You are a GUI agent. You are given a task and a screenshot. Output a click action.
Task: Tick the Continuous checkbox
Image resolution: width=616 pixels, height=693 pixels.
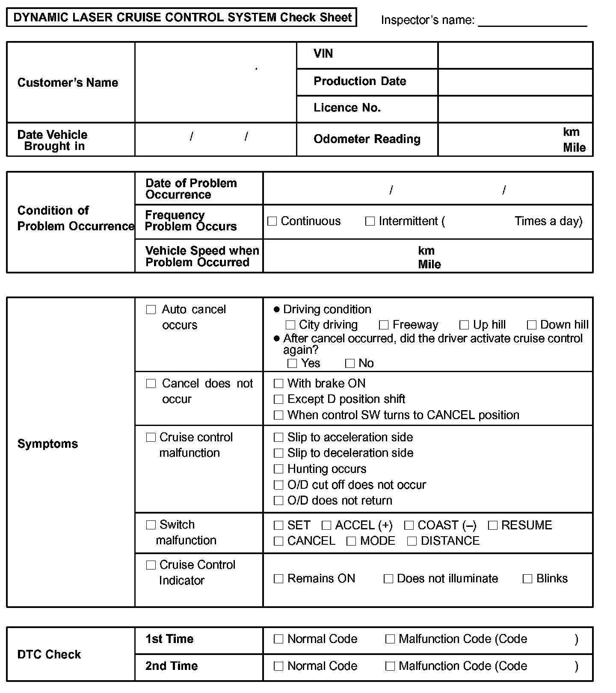272,221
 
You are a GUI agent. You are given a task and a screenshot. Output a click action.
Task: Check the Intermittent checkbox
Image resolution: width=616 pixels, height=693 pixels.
370,221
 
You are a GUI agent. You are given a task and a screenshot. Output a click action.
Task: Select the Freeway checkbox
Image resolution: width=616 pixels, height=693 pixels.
384,325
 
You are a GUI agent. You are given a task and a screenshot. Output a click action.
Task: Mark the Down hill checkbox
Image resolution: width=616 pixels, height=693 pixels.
532,325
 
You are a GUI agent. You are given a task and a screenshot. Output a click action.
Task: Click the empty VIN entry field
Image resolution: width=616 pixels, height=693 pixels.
515,56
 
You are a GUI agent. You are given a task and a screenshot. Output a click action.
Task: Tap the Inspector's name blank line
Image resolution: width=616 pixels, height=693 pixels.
532,20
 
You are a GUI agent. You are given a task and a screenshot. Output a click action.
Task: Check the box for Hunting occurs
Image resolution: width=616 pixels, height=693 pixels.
278,469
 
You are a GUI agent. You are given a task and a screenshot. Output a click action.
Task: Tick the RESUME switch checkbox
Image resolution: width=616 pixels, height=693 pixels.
493,526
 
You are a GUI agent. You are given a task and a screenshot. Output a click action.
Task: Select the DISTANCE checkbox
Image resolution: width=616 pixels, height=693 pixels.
412,541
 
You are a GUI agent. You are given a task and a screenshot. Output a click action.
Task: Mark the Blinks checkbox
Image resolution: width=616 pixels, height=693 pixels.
528,579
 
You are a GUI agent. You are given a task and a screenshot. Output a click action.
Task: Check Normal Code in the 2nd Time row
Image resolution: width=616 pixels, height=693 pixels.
278,666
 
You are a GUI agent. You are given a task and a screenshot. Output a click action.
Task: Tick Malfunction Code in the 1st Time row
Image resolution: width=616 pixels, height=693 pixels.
390,639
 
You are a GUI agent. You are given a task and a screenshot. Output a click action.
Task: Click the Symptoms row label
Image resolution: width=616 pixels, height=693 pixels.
47,444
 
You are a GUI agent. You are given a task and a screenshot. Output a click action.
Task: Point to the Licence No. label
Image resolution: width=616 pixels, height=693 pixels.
347,108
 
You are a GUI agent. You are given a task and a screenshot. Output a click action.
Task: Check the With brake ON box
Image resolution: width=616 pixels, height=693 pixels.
278,384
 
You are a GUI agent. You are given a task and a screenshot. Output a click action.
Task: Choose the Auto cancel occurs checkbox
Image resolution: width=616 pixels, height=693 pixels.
151,310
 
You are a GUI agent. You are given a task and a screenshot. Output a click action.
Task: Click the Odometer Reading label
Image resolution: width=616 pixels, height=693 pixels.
367,139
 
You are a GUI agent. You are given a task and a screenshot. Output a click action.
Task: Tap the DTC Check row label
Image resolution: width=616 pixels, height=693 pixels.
49,655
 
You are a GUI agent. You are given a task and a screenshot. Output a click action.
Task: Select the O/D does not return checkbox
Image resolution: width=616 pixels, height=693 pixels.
278,501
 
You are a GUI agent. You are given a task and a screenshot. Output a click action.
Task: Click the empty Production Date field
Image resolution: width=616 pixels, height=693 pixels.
515,82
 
